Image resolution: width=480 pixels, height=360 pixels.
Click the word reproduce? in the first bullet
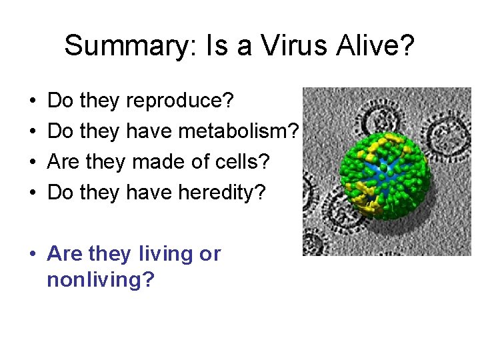click(x=179, y=101)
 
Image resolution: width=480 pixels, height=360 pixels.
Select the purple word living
click(x=167, y=254)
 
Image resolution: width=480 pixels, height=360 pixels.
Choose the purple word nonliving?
click(x=100, y=279)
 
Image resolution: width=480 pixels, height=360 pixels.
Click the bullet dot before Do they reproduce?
click(x=32, y=102)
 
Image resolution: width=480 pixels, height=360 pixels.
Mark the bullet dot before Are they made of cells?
click(x=32, y=163)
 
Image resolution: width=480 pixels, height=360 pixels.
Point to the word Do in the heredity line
click(x=61, y=193)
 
